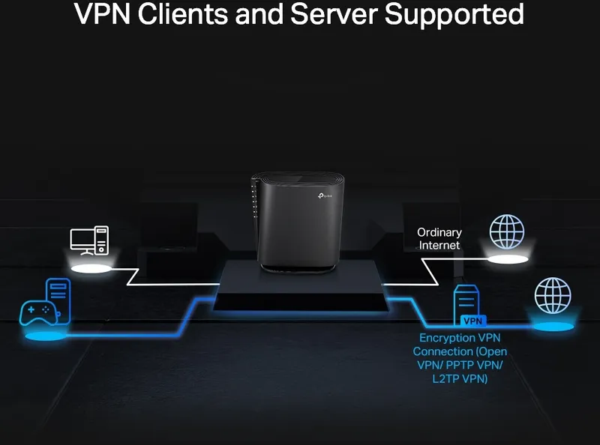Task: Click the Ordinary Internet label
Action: [x=439, y=239]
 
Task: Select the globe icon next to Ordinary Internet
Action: [x=507, y=231]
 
